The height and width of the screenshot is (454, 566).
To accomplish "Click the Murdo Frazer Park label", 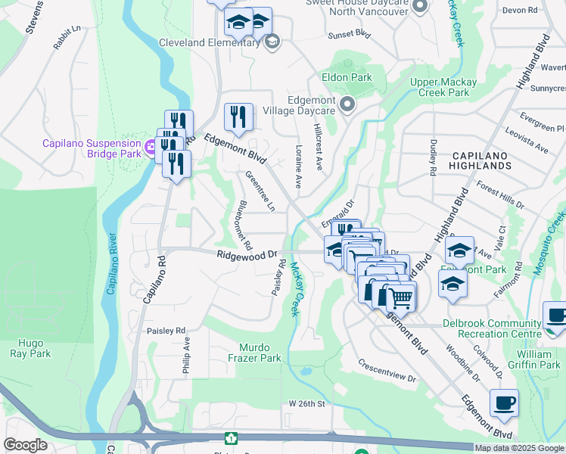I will pyautogui.click(x=249, y=353).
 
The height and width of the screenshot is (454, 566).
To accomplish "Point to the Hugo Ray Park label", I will pyautogui.click(x=30, y=348).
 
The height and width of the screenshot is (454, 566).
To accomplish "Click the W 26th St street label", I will pyautogui.click(x=306, y=404).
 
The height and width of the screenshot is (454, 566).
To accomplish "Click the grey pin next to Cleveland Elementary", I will pyautogui.click(x=272, y=42).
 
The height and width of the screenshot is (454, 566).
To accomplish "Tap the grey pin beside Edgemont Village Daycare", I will pyautogui.click(x=347, y=104).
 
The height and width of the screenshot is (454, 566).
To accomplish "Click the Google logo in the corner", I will pyautogui.click(x=26, y=445).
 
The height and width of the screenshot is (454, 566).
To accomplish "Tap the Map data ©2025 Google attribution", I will pyautogui.click(x=519, y=448).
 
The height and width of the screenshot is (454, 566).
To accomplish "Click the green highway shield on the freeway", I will pyautogui.click(x=230, y=437).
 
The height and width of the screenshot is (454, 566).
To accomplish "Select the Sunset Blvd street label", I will pyautogui.click(x=349, y=35).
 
